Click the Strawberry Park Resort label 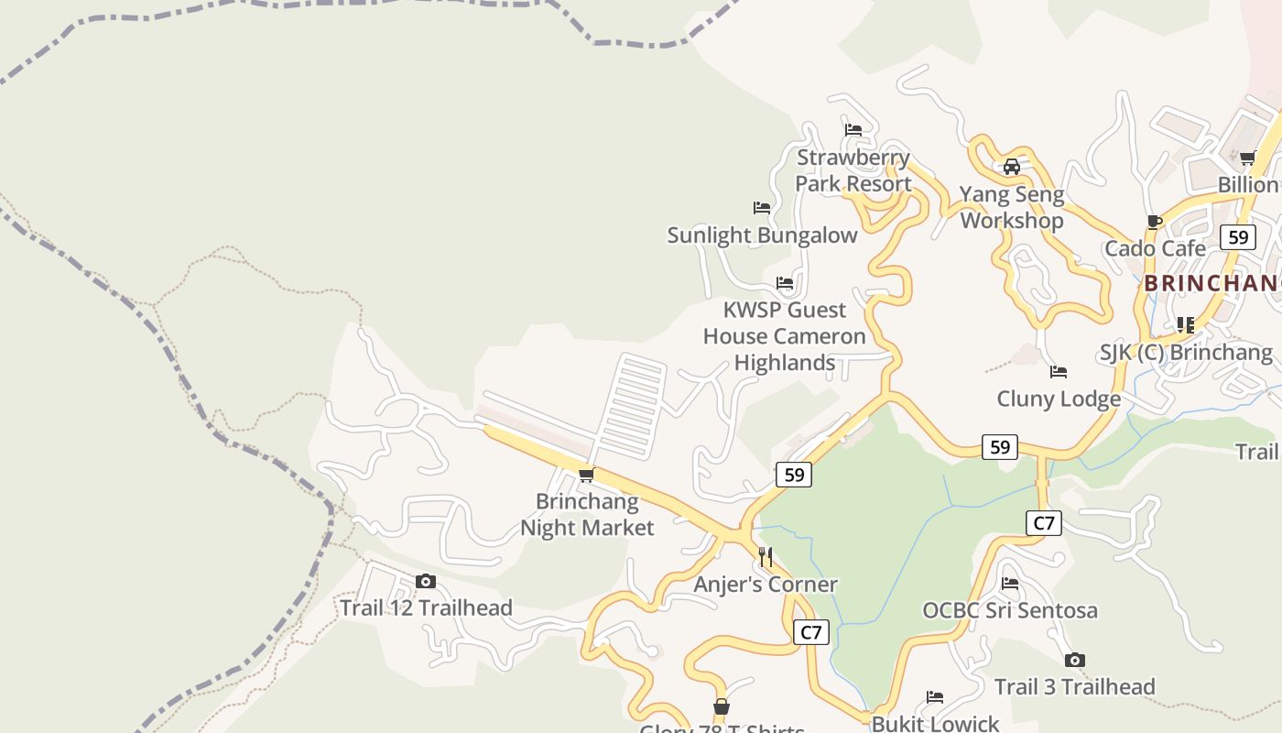(x=853, y=170)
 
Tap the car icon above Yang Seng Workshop (x=1012, y=167)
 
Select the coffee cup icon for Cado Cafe (x=1155, y=222)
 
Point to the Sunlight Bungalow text (x=762, y=235)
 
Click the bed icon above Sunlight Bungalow (x=762, y=208)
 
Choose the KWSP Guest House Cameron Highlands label (x=784, y=336)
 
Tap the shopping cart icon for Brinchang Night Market (x=587, y=475)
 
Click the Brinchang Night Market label (x=587, y=515)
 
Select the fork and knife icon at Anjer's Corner (x=766, y=556)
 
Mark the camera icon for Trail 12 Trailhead (x=426, y=581)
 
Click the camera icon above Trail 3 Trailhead (x=1075, y=660)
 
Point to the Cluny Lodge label (x=1059, y=399)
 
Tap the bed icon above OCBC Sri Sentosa (x=1010, y=583)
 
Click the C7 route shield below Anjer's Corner (x=810, y=632)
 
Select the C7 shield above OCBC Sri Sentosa (x=1043, y=523)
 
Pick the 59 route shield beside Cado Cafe (x=1238, y=237)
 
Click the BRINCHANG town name (x=1211, y=283)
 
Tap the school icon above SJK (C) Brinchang (x=1185, y=324)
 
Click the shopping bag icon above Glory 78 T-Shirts (x=722, y=706)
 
